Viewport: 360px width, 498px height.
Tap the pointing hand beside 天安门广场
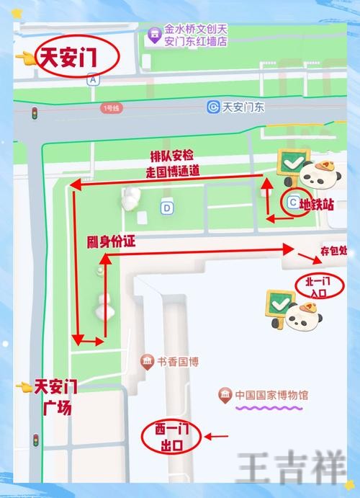pyautogui.click(x=24, y=387)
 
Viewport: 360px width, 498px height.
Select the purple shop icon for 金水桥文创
pyautogui.click(x=153, y=35)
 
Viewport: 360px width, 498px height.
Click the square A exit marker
pyautogui.click(x=92, y=81)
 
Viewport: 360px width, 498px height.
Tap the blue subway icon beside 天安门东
pyautogui.click(x=213, y=107)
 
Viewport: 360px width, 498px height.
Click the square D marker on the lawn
pyautogui.click(x=167, y=208)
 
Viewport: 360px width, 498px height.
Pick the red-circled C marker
pyautogui.click(x=292, y=203)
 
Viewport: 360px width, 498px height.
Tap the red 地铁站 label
pyautogui.click(x=318, y=205)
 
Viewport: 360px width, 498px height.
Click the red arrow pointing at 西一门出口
pyautogui.click(x=217, y=436)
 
